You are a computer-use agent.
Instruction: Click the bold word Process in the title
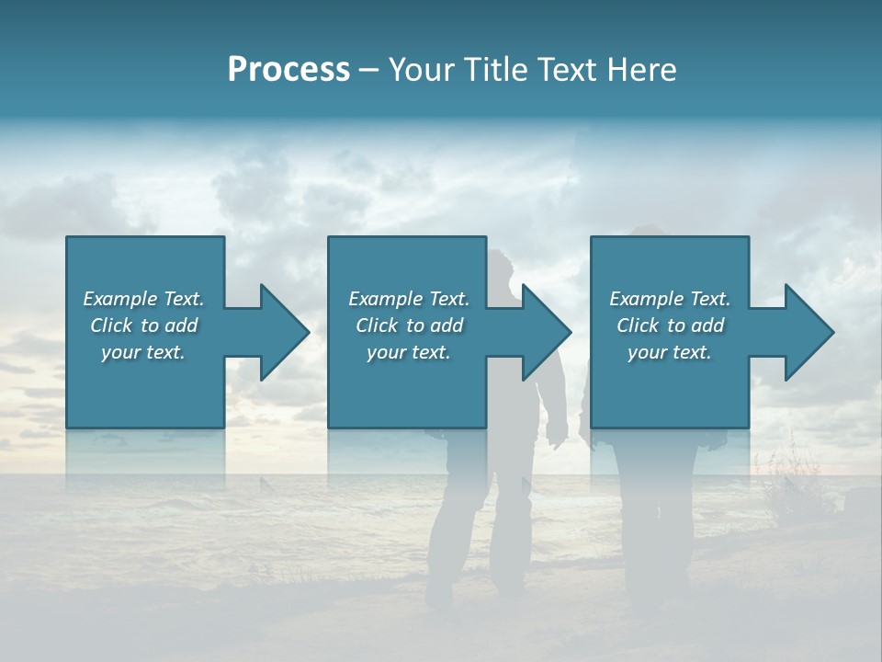tap(288, 70)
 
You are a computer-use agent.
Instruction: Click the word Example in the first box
tap(119, 299)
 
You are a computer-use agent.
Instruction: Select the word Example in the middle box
tap(385, 299)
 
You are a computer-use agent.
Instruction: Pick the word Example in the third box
tap(646, 299)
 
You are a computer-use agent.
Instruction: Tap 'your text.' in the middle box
tap(408, 352)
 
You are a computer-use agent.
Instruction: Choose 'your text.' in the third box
tap(669, 352)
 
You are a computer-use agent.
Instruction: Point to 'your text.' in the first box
tap(142, 352)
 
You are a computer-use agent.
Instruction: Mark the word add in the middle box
tap(447, 325)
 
